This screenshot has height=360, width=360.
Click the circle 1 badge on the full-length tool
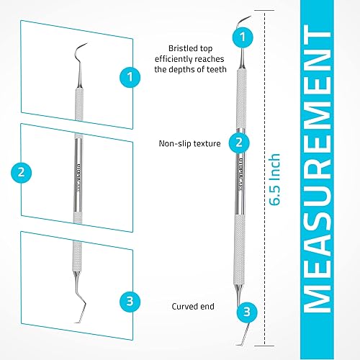pyautogui.click(x=245, y=35)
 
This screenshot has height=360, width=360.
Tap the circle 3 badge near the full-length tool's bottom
pyautogui.click(x=246, y=312)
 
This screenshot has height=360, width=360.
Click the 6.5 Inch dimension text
pyautogui.click(x=276, y=179)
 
